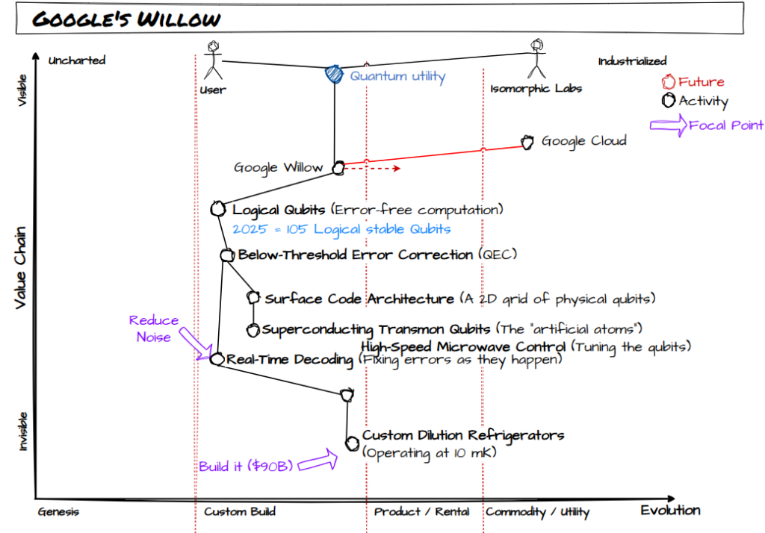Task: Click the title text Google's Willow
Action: tap(126, 19)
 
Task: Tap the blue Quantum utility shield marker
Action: tap(334, 74)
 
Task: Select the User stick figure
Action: tap(213, 60)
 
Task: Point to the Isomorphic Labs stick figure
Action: tap(536, 58)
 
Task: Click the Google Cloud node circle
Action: tap(527, 143)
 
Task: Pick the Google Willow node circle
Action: tap(338, 168)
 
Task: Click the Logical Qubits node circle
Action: tap(218, 209)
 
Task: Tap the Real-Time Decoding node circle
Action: tap(217, 359)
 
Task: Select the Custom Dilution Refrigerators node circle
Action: tap(353, 443)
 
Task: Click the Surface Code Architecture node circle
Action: tap(253, 297)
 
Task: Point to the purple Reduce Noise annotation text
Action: tap(154, 328)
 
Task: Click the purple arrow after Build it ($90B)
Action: tap(318, 461)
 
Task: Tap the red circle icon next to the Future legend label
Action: tap(669, 81)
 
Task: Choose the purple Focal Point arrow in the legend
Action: tap(669, 125)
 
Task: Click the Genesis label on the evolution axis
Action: tap(58, 511)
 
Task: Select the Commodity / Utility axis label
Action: tap(538, 512)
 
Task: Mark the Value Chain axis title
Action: tap(20, 268)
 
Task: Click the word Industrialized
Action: tap(632, 61)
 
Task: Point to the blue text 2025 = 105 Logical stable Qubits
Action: tap(341, 229)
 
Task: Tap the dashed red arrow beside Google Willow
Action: tap(373, 169)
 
